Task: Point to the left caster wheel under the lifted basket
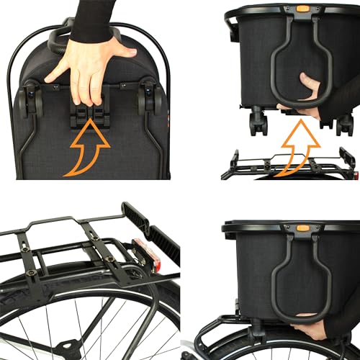[257, 122]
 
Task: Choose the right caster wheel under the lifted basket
[345, 123]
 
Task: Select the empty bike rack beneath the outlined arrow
[288, 166]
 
